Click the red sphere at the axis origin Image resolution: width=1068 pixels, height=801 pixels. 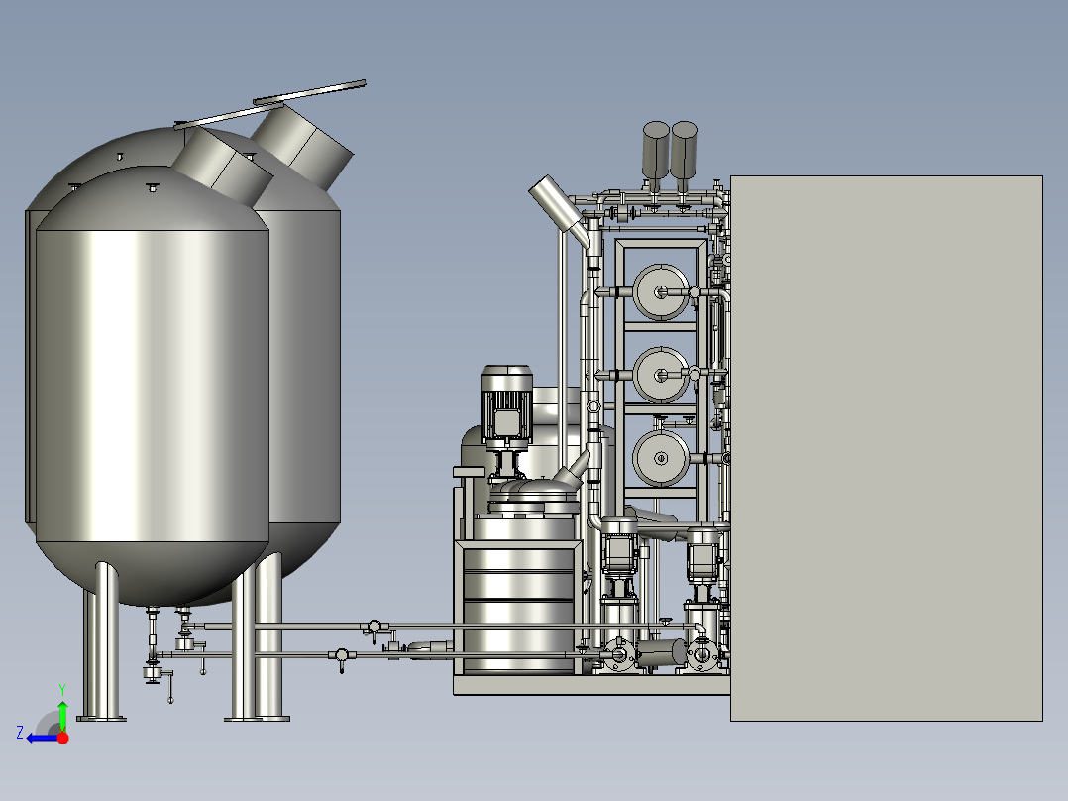[x=63, y=738]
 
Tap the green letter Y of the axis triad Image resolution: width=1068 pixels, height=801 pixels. [x=62, y=690]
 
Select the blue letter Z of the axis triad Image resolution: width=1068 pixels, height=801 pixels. [x=20, y=733]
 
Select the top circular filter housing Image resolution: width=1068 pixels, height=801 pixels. [x=661, y=292]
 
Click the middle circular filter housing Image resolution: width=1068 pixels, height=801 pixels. [x=661, y=375]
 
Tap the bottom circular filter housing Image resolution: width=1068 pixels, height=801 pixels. [x=661, y=458]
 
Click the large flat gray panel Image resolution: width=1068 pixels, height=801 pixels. [x=886, y=448]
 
